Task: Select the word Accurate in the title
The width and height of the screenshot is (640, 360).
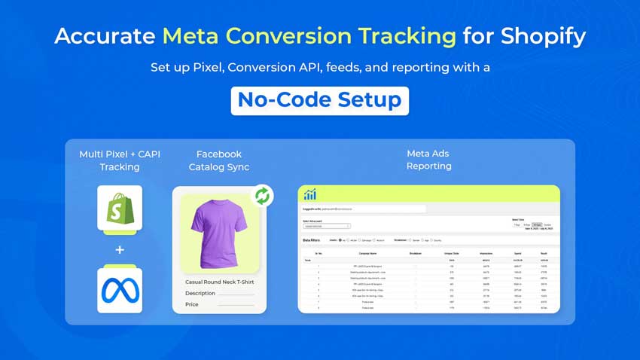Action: (x=104, y=36)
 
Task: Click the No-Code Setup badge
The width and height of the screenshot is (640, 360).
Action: (x=319, y=100)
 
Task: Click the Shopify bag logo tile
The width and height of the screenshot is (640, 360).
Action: (x=120, y=208)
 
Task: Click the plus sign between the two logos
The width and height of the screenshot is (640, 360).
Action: (x=120, y=249)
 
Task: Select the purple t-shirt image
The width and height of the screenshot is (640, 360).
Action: (x=219, y=234)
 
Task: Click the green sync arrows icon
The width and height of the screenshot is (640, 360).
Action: (x=262, y=196)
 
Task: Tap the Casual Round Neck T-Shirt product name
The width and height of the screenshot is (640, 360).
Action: (x=219, y=282)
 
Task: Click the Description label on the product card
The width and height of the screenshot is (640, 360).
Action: (x=200, y=294)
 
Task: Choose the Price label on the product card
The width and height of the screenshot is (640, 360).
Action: (x=193, y=305)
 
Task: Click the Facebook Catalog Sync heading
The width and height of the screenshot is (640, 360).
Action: (x=219, y=160)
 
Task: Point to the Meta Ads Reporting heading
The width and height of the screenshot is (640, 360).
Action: (x=428, y=160)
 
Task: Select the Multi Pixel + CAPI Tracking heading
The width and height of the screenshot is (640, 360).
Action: (x=120, y=160)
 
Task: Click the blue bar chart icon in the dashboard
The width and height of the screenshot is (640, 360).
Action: (x=310, y=194)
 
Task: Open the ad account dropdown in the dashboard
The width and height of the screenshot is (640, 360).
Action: (x=327, y=225)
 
